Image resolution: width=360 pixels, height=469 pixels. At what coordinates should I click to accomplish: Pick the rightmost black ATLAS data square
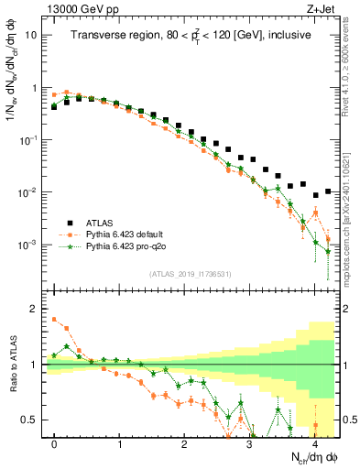pyautogui.click(x=328, y=191)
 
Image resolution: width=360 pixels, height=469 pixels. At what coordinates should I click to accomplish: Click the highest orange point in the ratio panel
pyautogui.click(x=54, y=320)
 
